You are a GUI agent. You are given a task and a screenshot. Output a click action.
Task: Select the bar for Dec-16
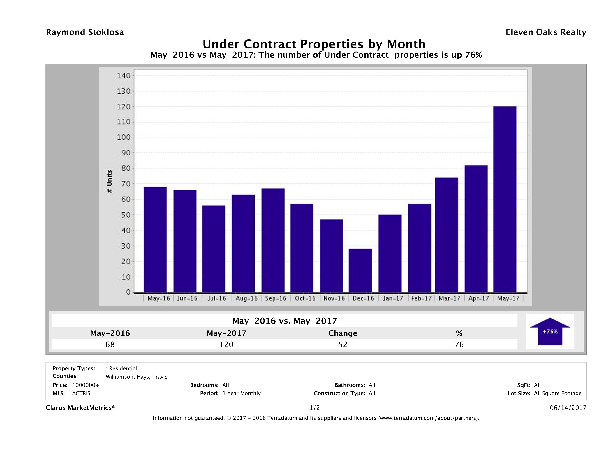(x=360, y=270)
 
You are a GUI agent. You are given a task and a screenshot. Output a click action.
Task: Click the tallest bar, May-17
(x=505, y=199)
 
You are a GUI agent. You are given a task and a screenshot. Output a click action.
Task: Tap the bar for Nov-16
(x=331, y=256)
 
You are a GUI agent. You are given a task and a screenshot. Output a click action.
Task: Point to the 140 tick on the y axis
(x=124, y=76)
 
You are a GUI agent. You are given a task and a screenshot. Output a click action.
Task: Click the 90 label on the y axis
(x=124, y=153)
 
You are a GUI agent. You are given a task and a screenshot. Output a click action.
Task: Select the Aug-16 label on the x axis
(x=246, y=298)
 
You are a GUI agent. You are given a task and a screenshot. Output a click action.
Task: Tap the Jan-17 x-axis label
(x=393, y=298)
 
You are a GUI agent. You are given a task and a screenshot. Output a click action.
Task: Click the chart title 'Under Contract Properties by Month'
(x=314, y=44)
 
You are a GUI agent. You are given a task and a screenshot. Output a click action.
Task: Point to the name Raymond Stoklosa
(x=85, y=32)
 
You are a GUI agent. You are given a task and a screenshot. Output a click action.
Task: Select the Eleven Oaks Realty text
(x=546, y=32)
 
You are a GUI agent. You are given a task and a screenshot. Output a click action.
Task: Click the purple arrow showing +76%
(x=550, y=331)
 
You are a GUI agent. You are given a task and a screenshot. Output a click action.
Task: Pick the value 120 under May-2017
(x=226, y=344)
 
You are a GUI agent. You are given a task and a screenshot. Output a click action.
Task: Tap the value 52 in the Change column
(x=343, y=344)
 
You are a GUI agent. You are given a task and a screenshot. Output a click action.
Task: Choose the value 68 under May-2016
(x=110, y=344)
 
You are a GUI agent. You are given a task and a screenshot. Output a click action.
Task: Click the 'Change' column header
(x=343, y=333)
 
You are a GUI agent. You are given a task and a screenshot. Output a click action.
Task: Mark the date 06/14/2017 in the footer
(x=568, y=408)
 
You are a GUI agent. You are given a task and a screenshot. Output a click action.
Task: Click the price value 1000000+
(x=86, y=385)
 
